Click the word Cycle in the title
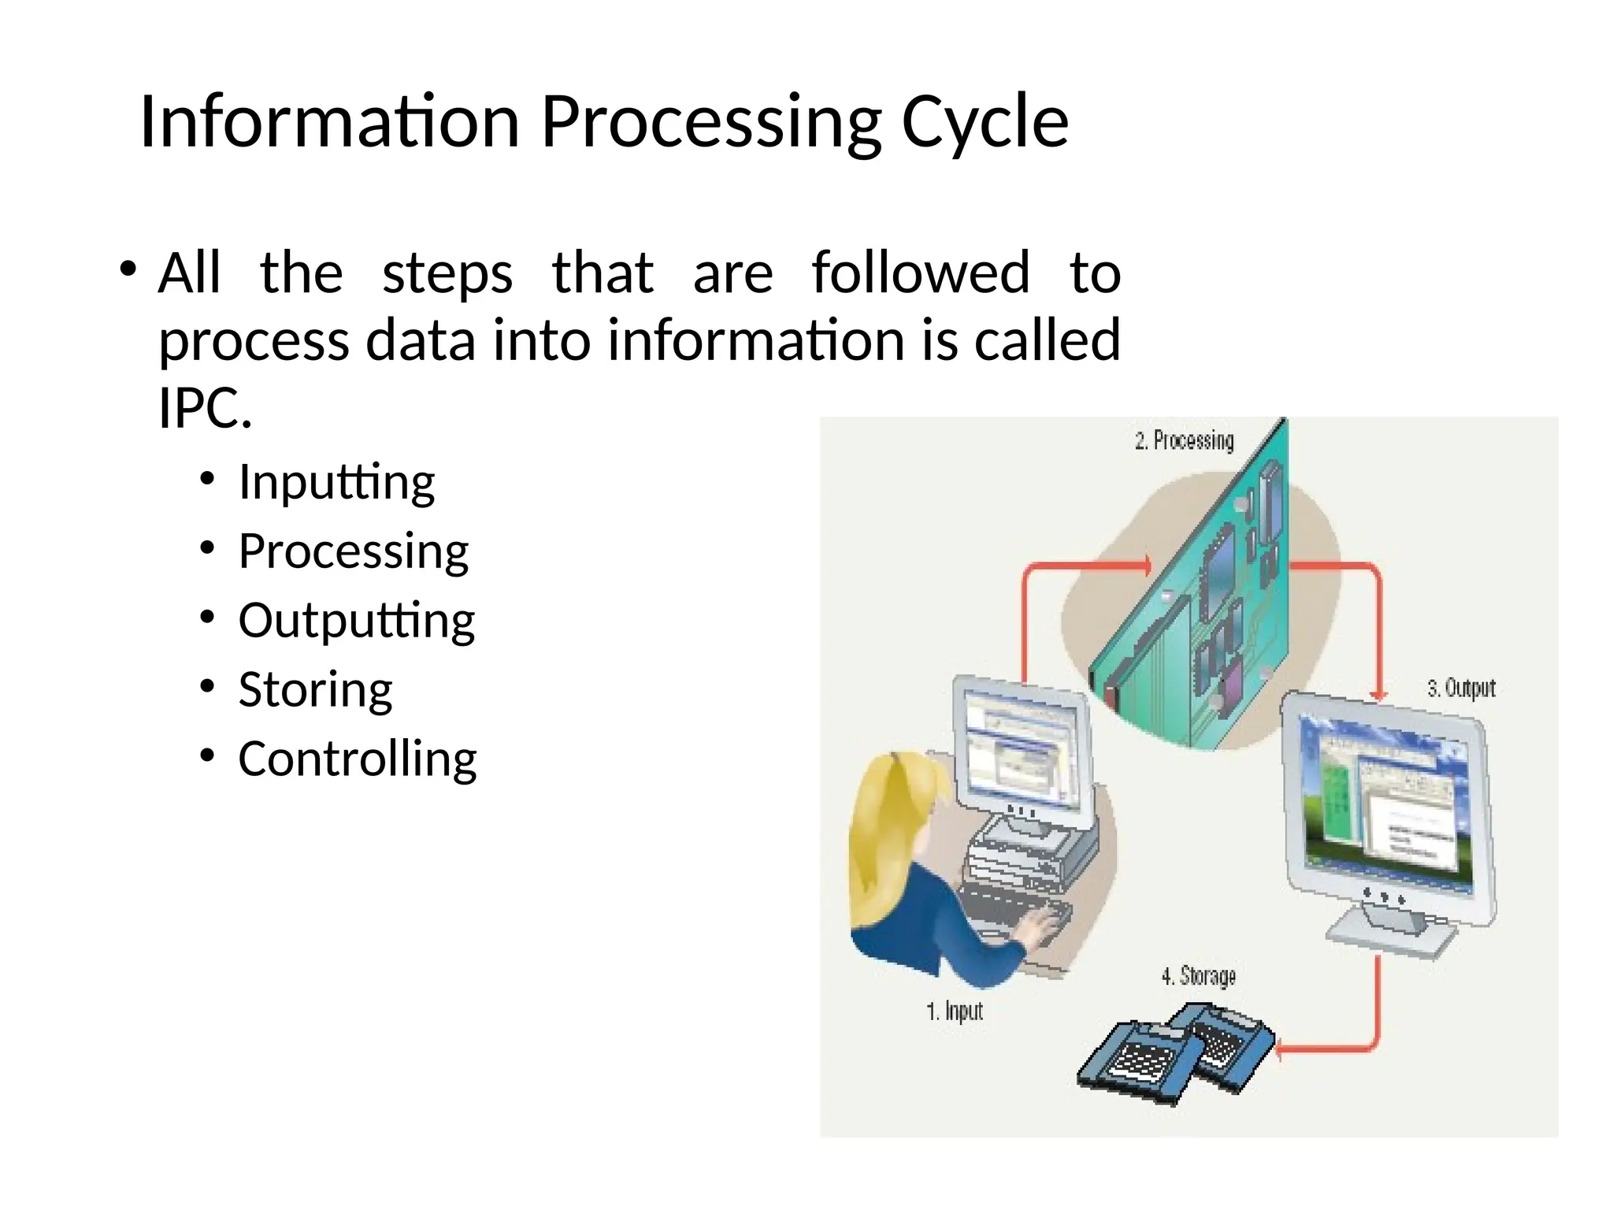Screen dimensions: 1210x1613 984,122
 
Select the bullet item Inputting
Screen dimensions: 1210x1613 336,481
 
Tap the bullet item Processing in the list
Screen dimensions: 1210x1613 353,551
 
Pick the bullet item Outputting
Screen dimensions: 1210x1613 356,620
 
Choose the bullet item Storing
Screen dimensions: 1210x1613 315,689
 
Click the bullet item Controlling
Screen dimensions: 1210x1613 357,759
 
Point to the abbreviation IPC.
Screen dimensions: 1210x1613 205,408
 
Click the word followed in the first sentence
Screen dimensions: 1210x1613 920,273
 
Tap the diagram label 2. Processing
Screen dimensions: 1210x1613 1184,440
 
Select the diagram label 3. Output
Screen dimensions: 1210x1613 1461,689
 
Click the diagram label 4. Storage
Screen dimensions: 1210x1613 1198,977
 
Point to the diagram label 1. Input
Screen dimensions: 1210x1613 954,1011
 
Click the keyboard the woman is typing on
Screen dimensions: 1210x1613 1016,914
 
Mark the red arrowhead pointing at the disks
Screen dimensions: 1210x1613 1281,1049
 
